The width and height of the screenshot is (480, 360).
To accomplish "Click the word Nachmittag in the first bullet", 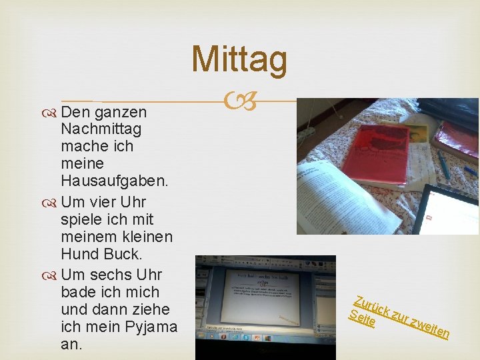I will pos(101,128).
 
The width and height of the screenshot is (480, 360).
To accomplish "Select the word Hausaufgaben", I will pos(115,180).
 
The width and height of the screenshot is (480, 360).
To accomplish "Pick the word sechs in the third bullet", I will pos(111,275).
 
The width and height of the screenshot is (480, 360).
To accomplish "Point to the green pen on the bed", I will pos(443,164).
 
